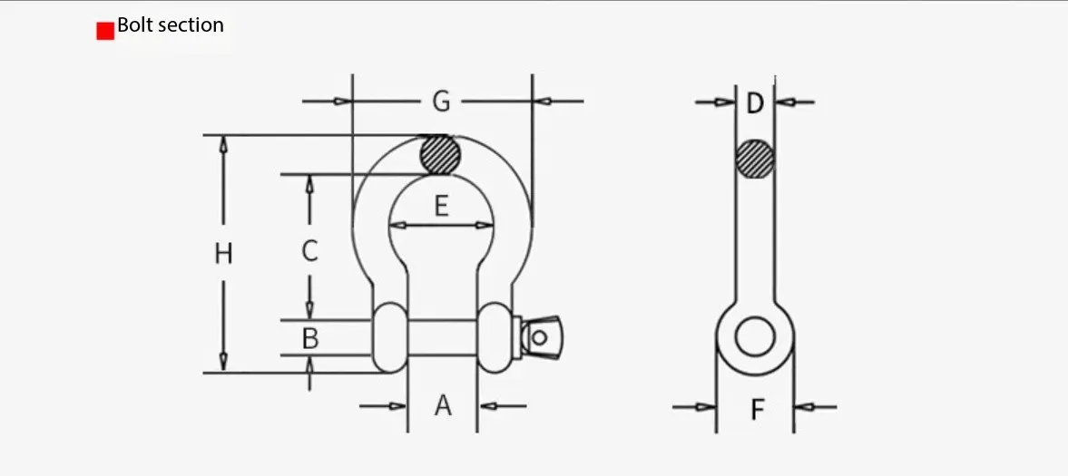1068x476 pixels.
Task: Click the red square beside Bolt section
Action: click(105, 31)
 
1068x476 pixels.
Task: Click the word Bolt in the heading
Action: click(134, 25)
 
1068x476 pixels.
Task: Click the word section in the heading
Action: click(190, 25)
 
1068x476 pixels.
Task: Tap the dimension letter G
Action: click(441, 102)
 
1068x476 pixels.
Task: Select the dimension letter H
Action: click(223, 254)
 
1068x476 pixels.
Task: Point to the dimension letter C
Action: click(309, 251)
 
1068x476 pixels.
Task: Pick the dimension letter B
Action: click(309, 339)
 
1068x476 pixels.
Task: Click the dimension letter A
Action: click(442, 405)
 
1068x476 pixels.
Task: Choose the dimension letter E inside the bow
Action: click(441, 207)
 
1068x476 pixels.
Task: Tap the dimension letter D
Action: click(755, 103)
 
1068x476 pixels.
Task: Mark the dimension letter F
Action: click(757, 410)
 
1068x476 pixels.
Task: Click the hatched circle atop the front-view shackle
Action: click(440, 155)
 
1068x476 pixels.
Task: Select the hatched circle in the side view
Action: click(755, 160)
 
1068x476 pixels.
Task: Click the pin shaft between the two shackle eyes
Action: click(442, 336)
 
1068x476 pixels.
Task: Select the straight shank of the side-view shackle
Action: click(755, 236)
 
